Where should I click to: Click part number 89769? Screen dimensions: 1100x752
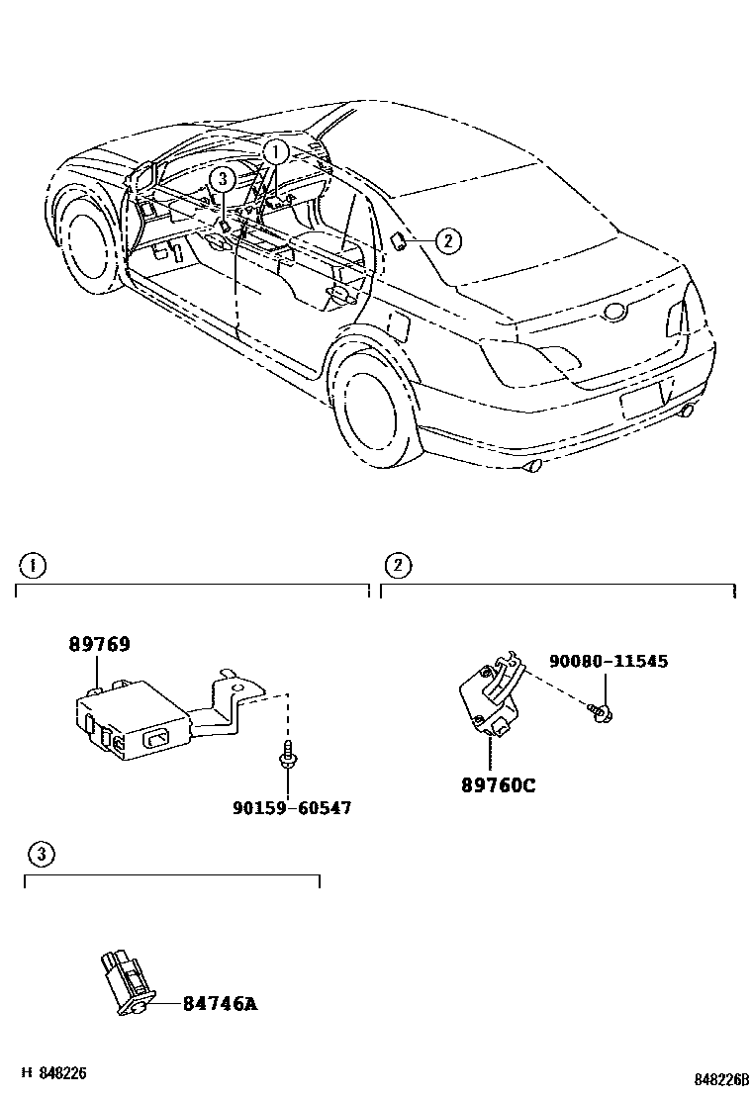pyautogui.click(x=99, y=644)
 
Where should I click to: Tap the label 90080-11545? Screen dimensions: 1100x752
pyautogui.click(x=609, y=661)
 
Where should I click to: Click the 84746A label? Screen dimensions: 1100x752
pyautogui.click(x=220, y=1003)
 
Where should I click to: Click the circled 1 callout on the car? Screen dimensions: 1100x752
pyautogui.click(x=275, y=152)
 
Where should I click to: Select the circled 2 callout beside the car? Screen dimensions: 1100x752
pyautogui.click(x=446, y=238)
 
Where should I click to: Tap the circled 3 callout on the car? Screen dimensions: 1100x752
pyautogui.click(x=223, y=179)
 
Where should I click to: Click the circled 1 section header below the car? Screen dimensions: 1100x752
pyautogui.click(x=33, y=565)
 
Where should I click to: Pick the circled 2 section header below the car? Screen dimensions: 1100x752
pyautogui.click(x=397, y=565)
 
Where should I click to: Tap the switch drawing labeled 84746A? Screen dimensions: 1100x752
pyautogui.click(x=125, y=980)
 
